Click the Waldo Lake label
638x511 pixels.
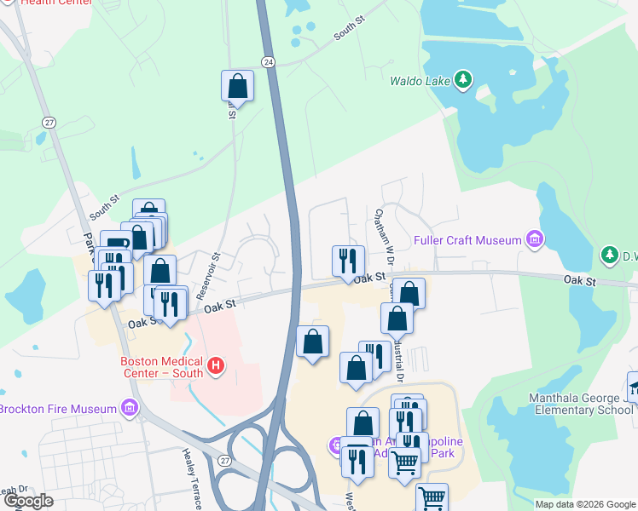pos(420,82)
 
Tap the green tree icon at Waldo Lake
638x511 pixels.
pos(463,80)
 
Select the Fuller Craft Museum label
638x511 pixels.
pos(467,241)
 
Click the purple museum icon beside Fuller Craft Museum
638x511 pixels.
pos(535,239)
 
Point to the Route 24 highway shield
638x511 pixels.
pos(268,62)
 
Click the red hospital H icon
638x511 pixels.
pos(216,367)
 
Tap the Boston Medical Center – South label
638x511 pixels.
pos(161,366)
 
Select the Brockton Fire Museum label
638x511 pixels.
pos(58,409)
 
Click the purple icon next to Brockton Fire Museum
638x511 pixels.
pos(130,407)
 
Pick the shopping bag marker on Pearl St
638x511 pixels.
pos(237,86)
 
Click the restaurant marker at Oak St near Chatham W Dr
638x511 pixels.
pos(347,260)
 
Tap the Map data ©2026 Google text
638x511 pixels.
pos(584,504)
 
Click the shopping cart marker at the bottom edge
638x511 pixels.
pos(432,499)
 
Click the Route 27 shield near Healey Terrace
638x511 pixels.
pos(223,461)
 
